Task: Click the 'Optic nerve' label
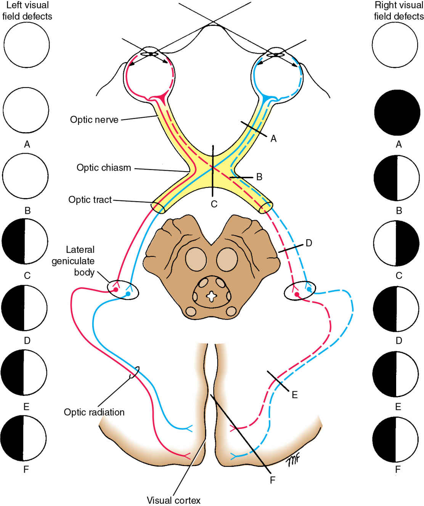pos(94,120)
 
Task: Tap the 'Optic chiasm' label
pos(104,168)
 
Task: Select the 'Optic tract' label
pos(90,200)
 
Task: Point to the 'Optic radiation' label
pos(94,412)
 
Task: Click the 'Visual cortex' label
pos(173,500)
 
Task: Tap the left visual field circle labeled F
pos(23,439)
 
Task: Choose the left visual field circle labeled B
pos(25,176)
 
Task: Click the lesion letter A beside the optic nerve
pos(273,139)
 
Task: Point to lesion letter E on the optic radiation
pos(294,395)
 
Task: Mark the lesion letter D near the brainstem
pos(309,243)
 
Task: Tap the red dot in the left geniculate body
pos(116,290)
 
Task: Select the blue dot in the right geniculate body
pos(309,290)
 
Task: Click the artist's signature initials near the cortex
pos(292,460)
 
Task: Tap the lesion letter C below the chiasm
pos(214,204)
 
